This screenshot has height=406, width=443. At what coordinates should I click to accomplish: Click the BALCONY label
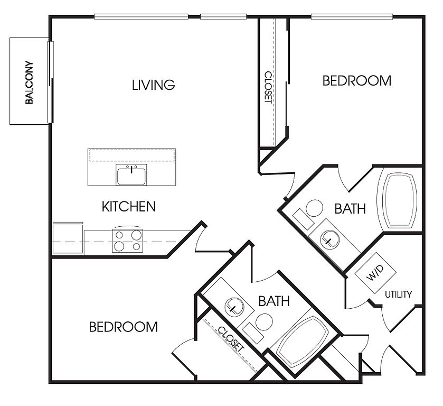point(29,82)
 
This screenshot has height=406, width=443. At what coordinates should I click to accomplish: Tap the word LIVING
point(154,85)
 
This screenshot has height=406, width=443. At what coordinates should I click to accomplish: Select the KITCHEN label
point(128,207)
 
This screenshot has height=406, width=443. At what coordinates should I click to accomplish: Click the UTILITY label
point(398,294)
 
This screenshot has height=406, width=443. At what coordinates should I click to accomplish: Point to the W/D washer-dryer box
point(375,273)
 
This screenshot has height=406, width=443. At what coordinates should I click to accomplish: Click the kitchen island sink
point(131,175)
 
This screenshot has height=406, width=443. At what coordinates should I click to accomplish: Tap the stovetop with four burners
point(127,241)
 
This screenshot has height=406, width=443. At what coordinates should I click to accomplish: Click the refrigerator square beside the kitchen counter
point(68,238)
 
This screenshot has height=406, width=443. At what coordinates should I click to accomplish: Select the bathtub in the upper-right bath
point(400,200)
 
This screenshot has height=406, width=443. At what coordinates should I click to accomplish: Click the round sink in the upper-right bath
point(329,239)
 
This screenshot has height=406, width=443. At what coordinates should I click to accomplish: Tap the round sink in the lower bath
point(234,307)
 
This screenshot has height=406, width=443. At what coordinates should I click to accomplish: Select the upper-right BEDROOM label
point(357,81)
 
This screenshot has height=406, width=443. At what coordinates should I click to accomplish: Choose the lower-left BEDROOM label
point(123,327)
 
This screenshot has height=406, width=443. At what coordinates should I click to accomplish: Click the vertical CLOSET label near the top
point(268,87)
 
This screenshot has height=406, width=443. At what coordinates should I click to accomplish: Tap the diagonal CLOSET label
point(231,339)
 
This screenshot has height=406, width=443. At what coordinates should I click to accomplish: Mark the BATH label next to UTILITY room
point(350,209)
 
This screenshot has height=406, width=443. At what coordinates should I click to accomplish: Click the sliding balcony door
point(51,82)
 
